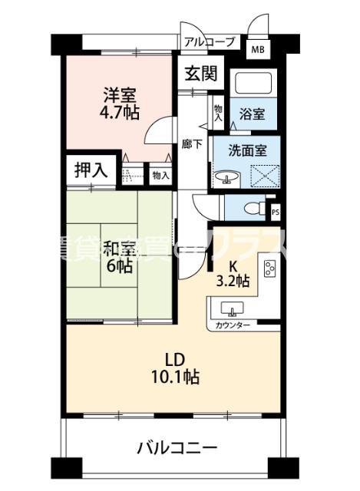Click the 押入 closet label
91,170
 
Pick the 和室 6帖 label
119,258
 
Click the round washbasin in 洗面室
227,179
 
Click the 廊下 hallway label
191,143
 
